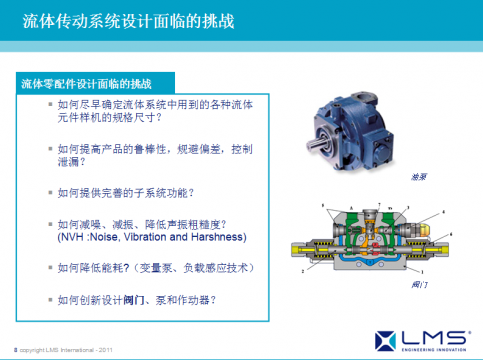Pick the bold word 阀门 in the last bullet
(x=132, y=299)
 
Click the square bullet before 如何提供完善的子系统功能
(x=50, y=192)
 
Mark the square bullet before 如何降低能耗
(x=50, y=268)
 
